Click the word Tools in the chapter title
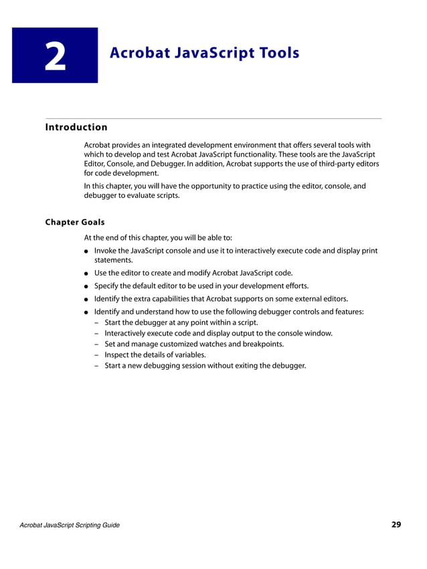pos(275,52)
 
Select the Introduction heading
pos(76,127)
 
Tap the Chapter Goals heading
pos(74,221)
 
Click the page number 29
pos(396,525)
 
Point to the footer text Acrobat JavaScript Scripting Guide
pos(70,526)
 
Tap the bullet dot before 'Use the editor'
pos(87,273)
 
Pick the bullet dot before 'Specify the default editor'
pos(87,286)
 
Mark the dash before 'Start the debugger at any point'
pos(98,322)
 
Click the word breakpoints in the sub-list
pos(261,344)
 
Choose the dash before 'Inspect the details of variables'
pos(98,354)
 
